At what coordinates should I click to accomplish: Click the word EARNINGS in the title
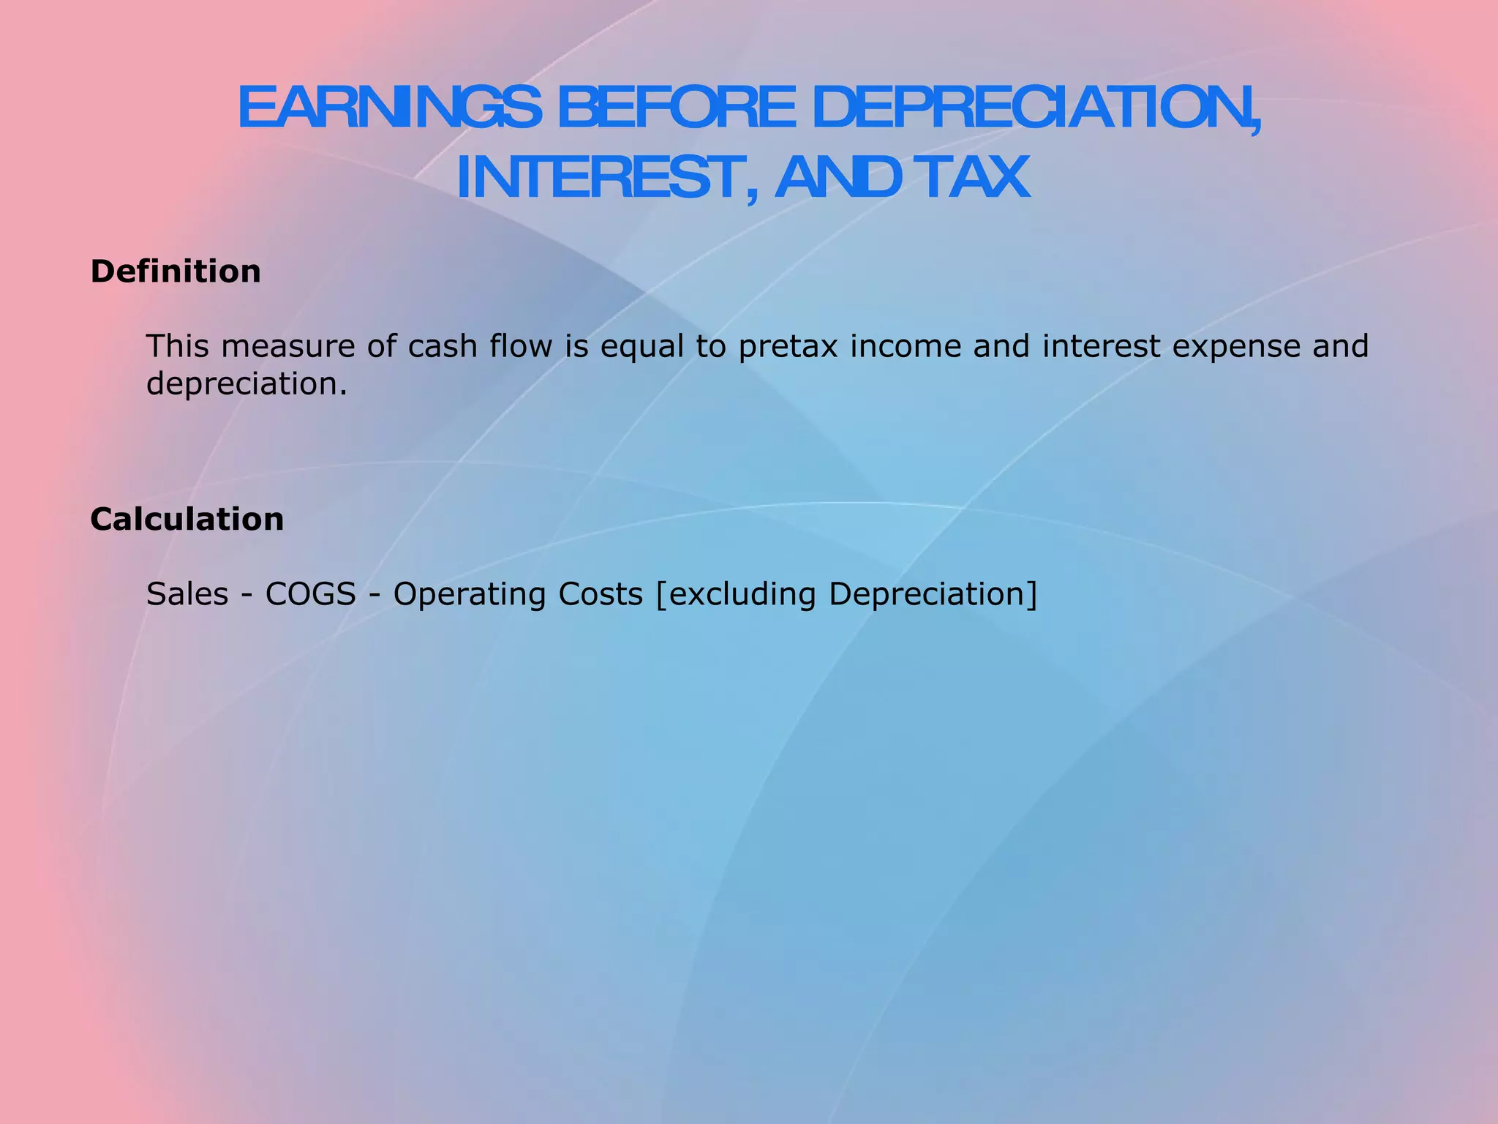(x=389, y=108)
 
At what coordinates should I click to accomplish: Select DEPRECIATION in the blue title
(x=1035, y=108)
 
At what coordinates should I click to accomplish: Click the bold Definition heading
(x=176, y=271)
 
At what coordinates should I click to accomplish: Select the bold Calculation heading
(x=187, y=520)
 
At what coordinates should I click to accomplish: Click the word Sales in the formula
(x=187, y=593)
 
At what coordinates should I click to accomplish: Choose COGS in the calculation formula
(x=310, y=593)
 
